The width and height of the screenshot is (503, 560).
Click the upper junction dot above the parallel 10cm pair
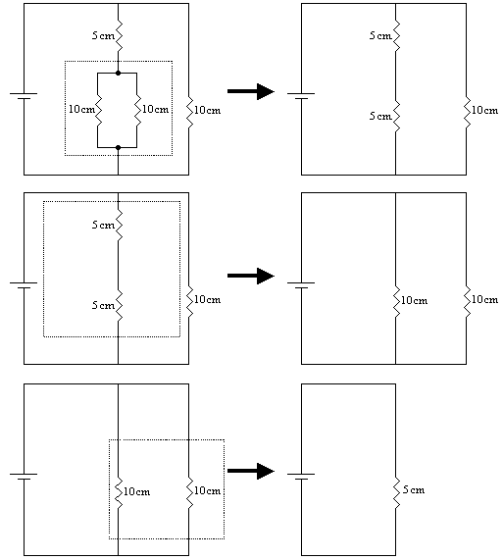tap(119, 74)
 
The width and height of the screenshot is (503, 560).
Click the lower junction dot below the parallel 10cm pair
tap(119, 147)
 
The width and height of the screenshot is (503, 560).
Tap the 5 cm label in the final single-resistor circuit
tap(414, 489)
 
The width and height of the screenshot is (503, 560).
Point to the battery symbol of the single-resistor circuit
tap(301, 477)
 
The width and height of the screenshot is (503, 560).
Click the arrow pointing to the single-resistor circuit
tap(251, 471)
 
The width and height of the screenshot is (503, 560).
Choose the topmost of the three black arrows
tap(251, 91)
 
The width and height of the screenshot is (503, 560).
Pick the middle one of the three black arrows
tap(251, 276)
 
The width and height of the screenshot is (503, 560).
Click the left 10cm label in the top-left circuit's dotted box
tap(81, 109)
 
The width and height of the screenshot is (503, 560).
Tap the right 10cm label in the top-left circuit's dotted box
tap(155, 109)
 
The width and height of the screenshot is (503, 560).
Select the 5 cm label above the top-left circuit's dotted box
tap(103, 35)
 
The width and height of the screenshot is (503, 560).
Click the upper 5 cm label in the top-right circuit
tap(380, 35)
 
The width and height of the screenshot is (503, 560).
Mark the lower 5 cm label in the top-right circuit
tap(380, 116)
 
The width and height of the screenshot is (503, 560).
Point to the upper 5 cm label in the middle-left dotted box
tap(103, 225)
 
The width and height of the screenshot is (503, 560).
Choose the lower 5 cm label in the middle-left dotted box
tap(103, 305)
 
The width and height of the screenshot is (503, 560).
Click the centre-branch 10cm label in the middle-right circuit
tap(414, 300)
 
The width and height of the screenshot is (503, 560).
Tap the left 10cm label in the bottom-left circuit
tap(136, 491)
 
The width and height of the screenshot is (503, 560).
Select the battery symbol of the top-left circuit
tap(24, 96)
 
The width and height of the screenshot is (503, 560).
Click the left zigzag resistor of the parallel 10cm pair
tap(98, 111)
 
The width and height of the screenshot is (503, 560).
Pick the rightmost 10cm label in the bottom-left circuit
tap(208, 490)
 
